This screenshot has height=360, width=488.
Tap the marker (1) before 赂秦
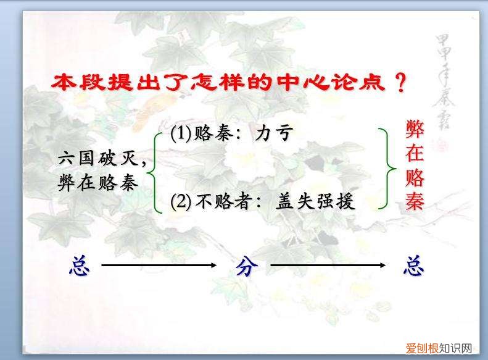pos(181,133)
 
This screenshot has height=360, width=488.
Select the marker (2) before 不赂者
pos(181,201)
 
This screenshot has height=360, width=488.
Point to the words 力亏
pos(273,133)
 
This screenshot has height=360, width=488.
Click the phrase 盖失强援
pos(315,202)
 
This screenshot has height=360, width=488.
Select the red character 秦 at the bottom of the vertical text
pos(415,201)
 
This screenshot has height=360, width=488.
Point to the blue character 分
pos(245,266)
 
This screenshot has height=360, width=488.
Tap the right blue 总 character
pos(413,266)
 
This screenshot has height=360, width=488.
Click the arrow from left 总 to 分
pos(160,266)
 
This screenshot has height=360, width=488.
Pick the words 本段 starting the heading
pos(73,82)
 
